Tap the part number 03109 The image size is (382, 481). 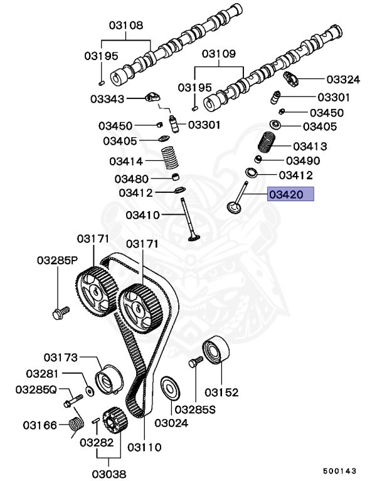pyautogui.click(x=218, y=54)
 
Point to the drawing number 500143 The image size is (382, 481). pyautogui.click(x=340, y=469)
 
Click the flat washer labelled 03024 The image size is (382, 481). pyautogui.click(x=168, y=388)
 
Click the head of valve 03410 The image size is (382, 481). pyautogui.click(x=194, y=236)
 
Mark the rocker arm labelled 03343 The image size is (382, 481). pyautogui.click(x=154, y=98)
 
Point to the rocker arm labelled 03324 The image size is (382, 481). pyautogui.click(x=292, y=79)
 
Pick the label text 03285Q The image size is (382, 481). pyautogui.click(x=36, y=390)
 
